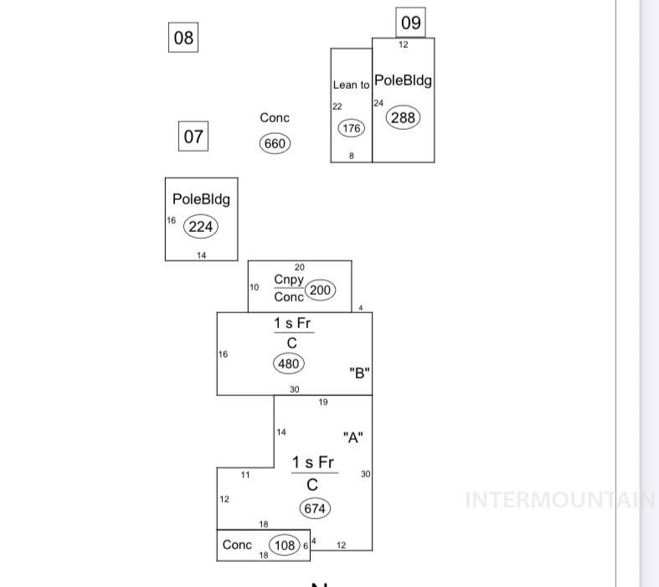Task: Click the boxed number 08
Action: point(183,38)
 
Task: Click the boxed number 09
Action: point(410,23)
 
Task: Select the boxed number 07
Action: point(193,136)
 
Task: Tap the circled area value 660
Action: point(275,143)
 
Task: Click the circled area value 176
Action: point(351,128)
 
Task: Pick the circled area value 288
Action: point(403,117)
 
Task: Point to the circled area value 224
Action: point(201,226)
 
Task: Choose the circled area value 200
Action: point(320,291)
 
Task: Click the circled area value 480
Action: point(289,363)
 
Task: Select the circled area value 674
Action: point(315,508)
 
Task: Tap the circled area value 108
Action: point(285,546)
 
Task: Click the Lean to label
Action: point(351,85)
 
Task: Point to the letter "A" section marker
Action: point(353,438)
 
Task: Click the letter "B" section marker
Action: point(359,373)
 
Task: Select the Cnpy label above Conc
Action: point(289,280)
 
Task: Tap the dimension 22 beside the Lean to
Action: point(337,106)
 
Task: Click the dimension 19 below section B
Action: point(323,403)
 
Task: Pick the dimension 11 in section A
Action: point(245,475)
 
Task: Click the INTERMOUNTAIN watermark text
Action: point(559,500)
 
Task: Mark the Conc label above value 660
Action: point(275,118)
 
